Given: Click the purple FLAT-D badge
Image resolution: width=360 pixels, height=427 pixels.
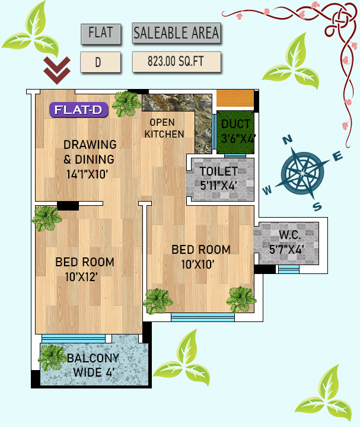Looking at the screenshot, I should tap(79, 110).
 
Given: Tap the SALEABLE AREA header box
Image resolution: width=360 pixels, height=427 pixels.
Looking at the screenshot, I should tap(176, 33).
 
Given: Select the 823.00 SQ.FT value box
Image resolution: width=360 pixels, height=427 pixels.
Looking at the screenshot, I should tap(176, 62).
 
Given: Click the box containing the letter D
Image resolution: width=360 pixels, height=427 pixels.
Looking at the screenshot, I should tap(100, 62).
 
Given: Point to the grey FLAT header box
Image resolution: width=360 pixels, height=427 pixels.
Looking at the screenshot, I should tap(100, 33).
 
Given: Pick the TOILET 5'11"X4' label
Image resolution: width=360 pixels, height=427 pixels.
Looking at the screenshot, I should tap(219, 179).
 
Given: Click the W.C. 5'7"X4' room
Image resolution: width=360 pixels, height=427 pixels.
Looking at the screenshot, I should tap(286, 243).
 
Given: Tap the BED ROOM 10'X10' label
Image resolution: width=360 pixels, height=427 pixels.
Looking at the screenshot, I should tap(200, 256).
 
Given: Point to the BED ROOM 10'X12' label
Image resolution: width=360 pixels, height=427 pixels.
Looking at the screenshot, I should tap(85, 269).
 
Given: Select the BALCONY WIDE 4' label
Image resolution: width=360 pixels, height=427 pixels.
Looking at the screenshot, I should tap(93, 365).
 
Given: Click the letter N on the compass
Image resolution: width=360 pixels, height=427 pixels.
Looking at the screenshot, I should tap(288, 140).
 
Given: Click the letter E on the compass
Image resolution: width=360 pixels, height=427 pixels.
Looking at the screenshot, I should tap(337, 157).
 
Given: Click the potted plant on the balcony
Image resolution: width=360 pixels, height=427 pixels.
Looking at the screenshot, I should tap(53, 358).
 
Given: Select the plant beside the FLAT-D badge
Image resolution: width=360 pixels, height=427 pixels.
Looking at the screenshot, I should tap(126, 104).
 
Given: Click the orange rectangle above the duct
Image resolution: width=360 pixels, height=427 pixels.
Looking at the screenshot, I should tap(235, 98).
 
